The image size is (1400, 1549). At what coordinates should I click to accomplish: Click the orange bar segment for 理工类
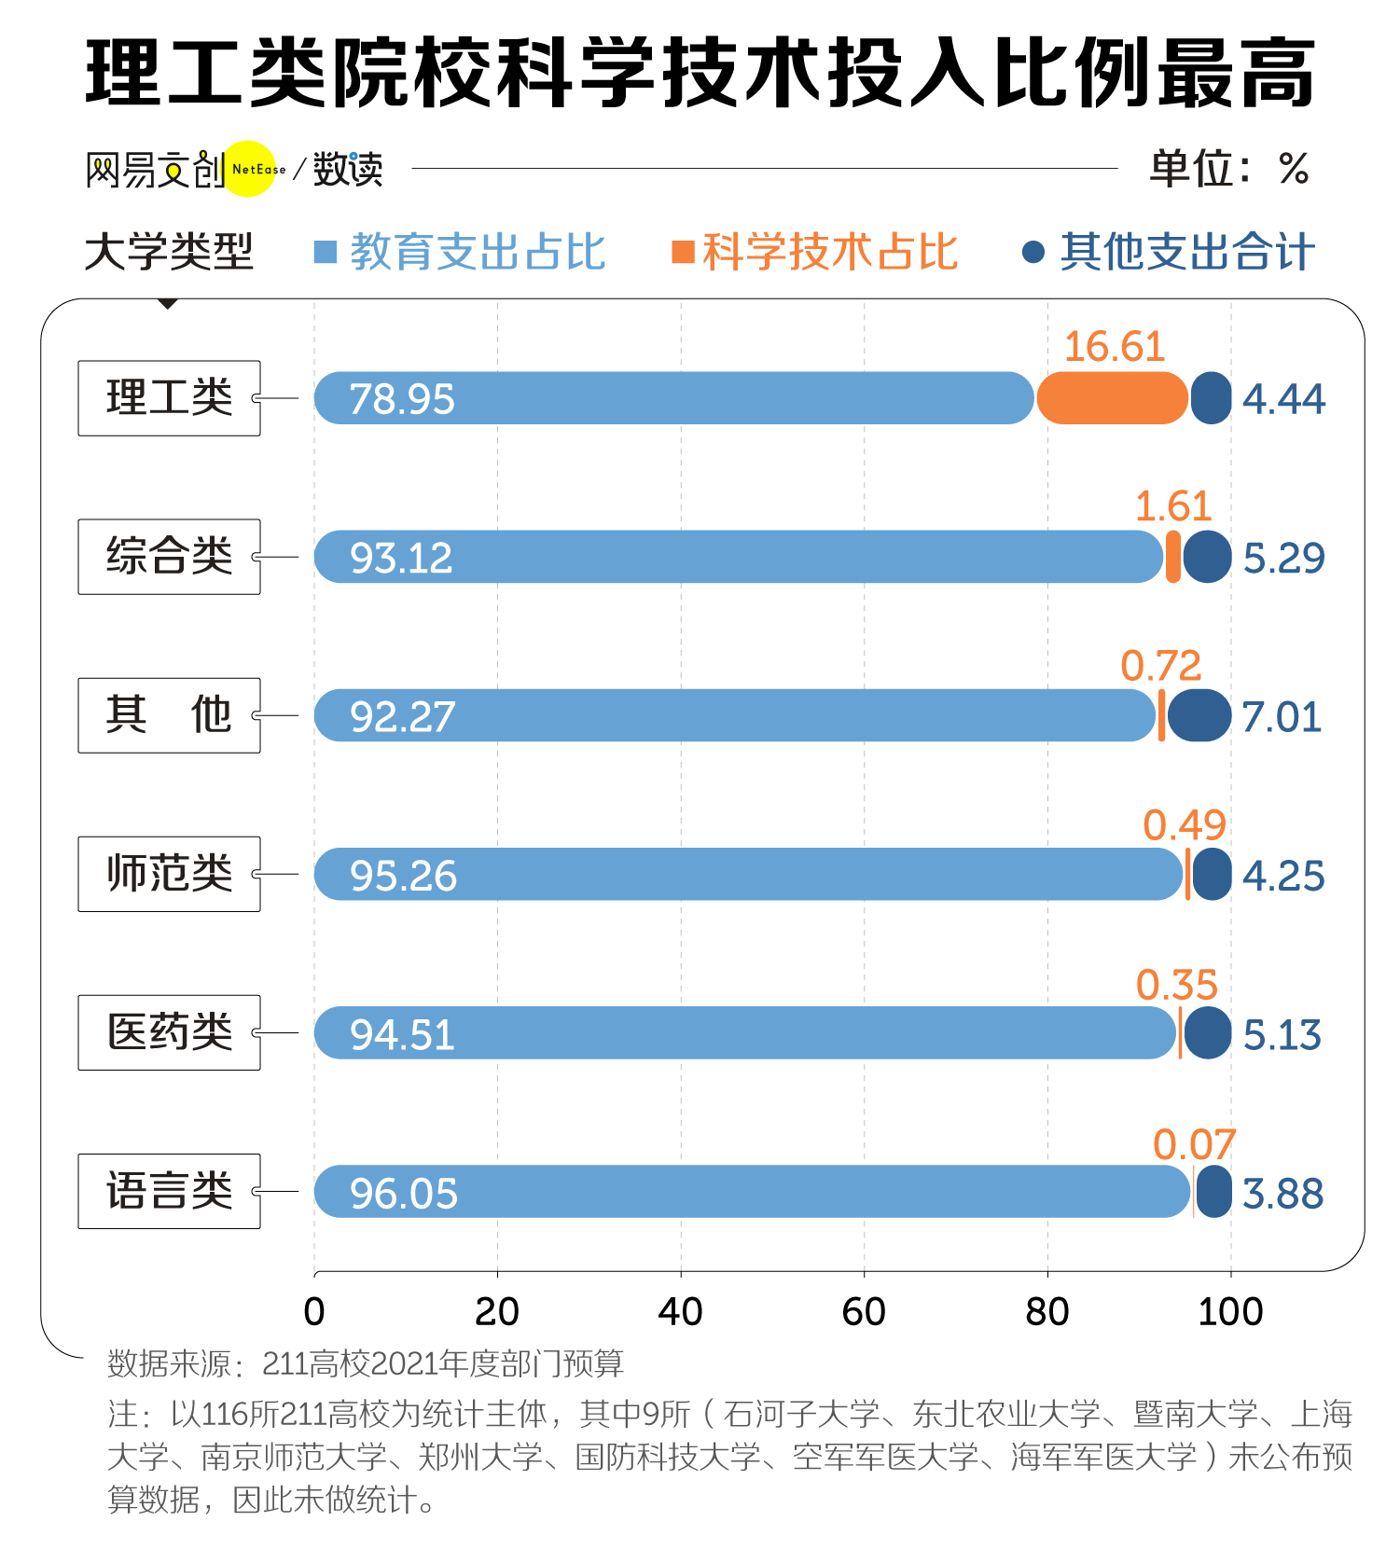click(1112, 398)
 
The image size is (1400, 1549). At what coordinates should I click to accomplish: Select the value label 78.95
click(402, 399)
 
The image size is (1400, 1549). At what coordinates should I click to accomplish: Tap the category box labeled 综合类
click(169, 557)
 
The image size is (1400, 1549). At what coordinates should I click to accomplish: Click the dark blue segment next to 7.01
click(1199, 716)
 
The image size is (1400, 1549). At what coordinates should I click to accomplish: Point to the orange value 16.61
click(1115, 347)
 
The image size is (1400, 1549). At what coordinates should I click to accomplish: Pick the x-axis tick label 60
click(863, 1312)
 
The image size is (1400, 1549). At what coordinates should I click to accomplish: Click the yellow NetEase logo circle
click(249, 169)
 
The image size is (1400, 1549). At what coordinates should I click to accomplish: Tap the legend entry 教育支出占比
click(462, 252)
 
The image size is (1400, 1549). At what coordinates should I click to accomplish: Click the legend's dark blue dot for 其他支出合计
click(1033, 252)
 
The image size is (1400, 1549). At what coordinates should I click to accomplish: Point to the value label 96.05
click(404, 1194)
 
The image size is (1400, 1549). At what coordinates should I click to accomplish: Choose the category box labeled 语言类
click(169, 1191)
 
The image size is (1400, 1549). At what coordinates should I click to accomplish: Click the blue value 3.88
click(1282, 1194)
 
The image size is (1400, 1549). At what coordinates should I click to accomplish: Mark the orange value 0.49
click(1184, 825)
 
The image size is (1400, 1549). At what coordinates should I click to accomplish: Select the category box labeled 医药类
click(169, 1032)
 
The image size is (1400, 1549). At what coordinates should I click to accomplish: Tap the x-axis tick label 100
click(1230, 1312)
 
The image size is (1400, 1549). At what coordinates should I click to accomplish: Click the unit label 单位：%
click(1229, 169)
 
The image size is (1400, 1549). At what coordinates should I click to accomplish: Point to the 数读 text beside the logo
click(348, 170)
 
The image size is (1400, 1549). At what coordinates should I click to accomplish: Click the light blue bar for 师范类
click(746, 875)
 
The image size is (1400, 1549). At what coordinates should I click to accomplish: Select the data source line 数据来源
click(365, 1363)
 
